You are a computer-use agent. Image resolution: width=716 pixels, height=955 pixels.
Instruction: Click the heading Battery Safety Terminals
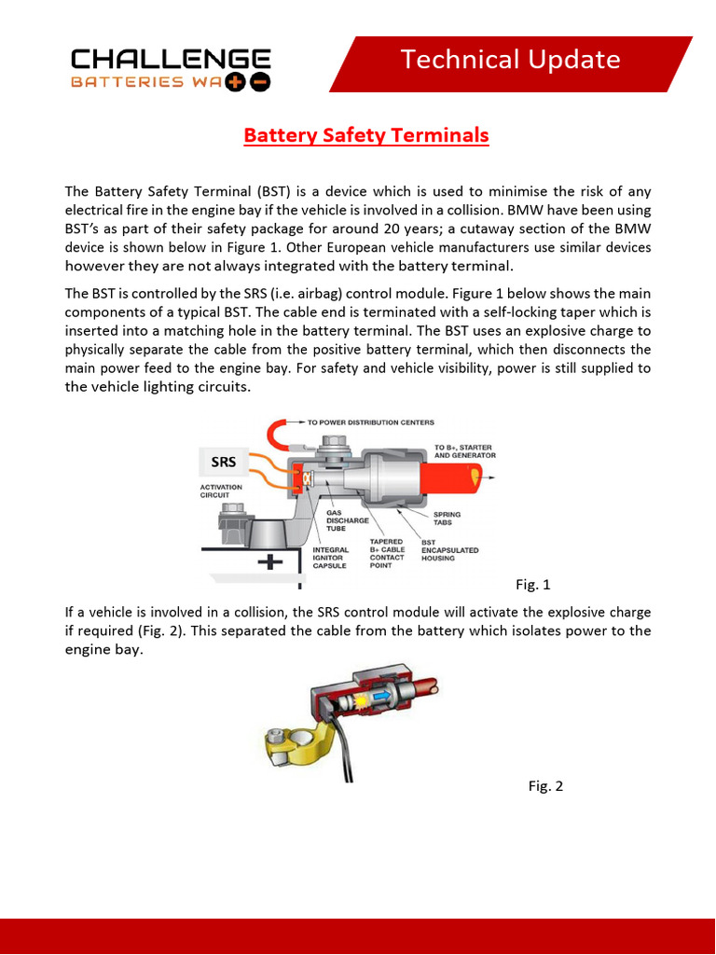[365, 135]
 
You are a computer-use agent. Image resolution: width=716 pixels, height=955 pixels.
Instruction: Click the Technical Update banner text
[510, 61]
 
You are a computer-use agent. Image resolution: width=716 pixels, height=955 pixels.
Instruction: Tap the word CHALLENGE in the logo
[171, 60]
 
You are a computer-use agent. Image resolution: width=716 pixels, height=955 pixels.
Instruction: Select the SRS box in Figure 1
[224, 462]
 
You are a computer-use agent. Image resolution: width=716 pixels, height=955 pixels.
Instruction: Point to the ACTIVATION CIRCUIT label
[221, 491]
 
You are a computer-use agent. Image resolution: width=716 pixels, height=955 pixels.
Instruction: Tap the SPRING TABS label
[447, 519]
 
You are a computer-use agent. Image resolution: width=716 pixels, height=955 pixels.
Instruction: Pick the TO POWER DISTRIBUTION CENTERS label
[370, 422]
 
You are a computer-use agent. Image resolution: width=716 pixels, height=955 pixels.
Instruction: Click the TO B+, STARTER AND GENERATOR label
[464, 451]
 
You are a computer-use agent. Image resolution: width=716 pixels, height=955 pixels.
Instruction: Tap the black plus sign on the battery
[269, 562]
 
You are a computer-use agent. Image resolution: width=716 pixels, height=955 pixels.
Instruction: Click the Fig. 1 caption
[533, 585]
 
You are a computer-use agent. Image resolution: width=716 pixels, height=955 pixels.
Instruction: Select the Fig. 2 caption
[545, 785]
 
